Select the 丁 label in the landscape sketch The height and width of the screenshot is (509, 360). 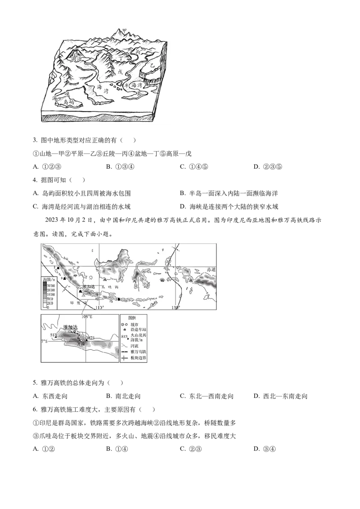121,58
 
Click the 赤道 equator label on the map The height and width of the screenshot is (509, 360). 211,269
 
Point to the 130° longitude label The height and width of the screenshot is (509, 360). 176,308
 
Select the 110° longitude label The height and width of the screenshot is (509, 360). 99,308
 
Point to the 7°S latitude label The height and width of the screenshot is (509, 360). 44,342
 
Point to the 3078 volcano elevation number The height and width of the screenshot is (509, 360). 90,338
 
